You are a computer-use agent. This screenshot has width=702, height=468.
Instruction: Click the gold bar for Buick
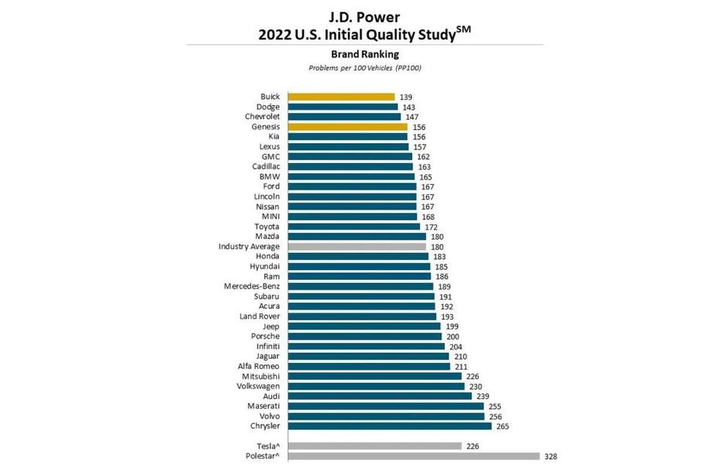coord(341,97)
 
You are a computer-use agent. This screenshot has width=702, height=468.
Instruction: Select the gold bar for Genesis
coord(347,127)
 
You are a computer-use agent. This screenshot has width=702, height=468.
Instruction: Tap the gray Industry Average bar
coord(356,247)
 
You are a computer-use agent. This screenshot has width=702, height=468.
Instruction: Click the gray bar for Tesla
coord(374,446)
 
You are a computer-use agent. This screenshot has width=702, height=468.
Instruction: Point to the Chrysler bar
coord(389,425)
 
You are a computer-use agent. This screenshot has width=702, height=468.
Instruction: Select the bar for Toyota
coord(353,227)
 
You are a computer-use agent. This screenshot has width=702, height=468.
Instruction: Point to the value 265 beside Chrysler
coord(503,425)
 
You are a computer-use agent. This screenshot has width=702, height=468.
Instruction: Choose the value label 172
coord(431,227)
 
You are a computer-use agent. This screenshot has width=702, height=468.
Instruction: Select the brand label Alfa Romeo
coord(258,366)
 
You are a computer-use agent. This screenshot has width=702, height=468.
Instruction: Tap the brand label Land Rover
coord(260,316)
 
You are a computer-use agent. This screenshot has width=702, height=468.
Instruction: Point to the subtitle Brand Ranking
coord(365,54)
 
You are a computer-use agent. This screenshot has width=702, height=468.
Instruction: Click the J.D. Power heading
coord(365,15)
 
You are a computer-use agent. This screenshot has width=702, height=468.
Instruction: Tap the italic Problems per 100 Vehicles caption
coord(365,68)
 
